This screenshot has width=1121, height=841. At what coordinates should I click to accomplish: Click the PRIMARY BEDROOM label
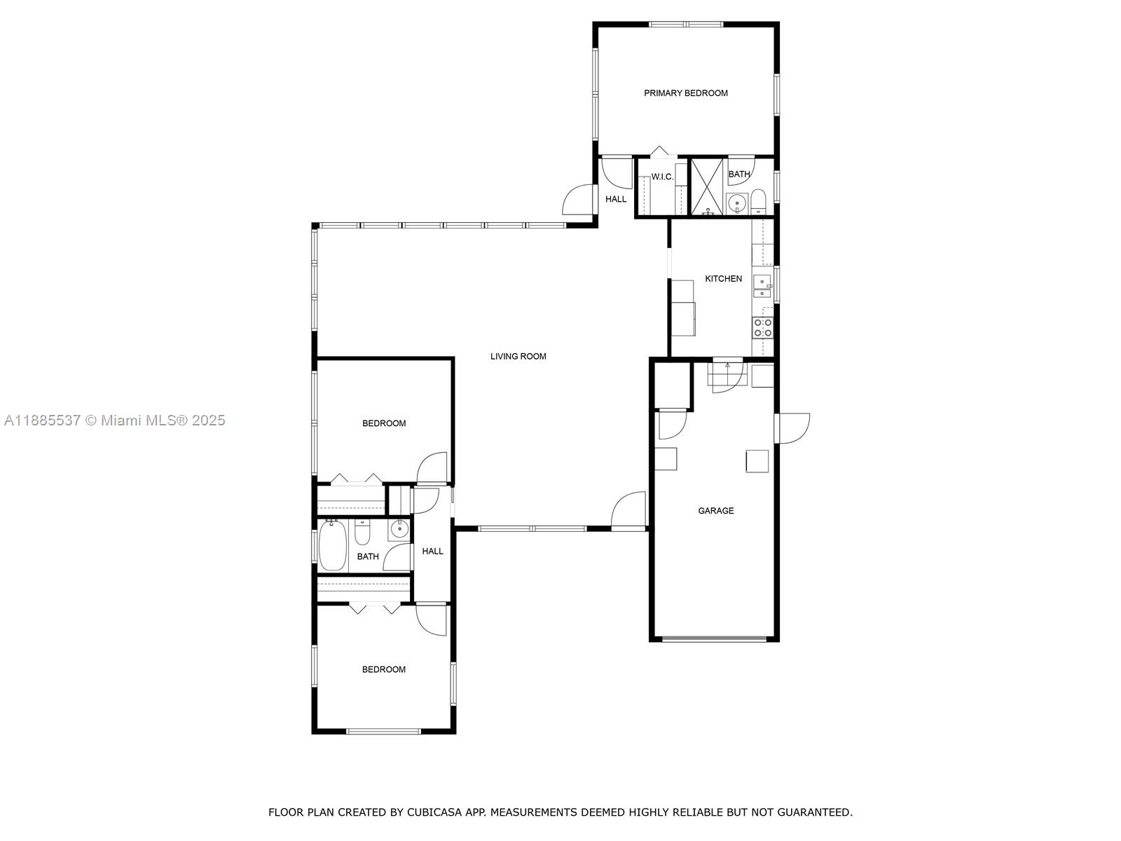point(685,93)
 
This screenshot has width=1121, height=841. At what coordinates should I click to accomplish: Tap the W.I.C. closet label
point(661,177)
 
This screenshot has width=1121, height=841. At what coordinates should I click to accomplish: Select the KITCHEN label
point(723,279)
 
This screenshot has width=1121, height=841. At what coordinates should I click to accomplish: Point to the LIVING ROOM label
point(518,357)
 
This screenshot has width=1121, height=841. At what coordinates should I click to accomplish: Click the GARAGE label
point(715,511)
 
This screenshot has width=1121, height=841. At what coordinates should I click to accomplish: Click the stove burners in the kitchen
point(762,327)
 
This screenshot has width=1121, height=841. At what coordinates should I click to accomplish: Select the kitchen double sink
point(762,286)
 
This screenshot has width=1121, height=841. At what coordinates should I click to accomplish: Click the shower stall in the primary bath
point(708,186)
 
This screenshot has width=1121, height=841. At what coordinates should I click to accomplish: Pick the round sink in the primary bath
point(736,203)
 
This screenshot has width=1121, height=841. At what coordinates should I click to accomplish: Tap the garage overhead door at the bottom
point(714,638)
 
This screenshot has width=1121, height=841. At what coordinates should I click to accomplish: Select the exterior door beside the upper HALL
point(579,200)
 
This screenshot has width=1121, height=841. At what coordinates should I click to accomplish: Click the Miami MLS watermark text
point(114,420)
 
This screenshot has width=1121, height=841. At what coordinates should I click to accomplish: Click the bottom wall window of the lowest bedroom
point(383,732)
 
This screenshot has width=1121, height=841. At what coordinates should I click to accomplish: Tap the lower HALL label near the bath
point(432,552)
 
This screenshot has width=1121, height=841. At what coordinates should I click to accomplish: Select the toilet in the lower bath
point(362,533)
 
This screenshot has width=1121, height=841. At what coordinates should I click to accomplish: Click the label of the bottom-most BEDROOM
point(383,670)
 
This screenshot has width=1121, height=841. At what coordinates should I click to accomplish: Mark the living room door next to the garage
point(629,510)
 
